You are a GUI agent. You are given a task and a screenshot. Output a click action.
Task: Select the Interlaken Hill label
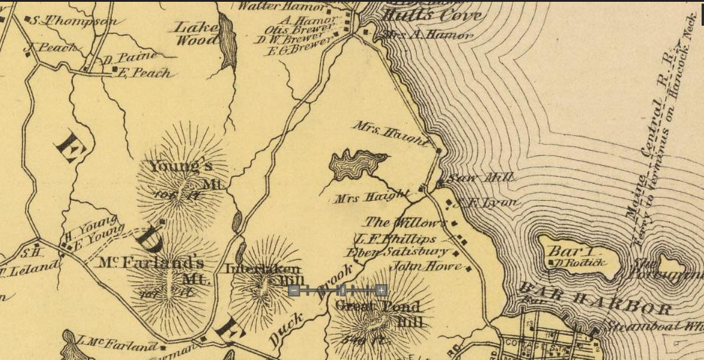point(263,274)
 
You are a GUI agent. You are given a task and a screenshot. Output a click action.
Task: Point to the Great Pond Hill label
point(379,313)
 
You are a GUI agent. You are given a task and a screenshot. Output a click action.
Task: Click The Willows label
point(405,222)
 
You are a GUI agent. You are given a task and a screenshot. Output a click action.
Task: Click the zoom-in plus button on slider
point(381,291)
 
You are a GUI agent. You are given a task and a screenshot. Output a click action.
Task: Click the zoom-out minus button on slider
point(294,291)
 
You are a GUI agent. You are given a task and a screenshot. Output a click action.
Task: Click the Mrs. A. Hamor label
point(427,35)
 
